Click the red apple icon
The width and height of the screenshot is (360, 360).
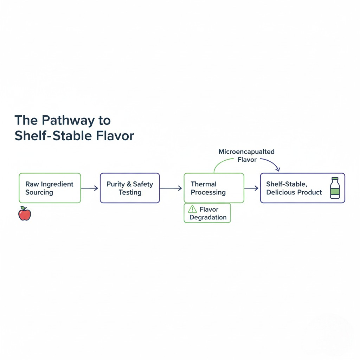(25, 214)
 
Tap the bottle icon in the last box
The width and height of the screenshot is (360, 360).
(335, 188)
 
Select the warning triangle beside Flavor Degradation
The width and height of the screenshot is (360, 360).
(192, 210)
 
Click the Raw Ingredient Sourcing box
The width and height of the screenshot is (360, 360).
(50, 188)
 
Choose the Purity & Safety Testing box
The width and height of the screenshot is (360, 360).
(130, 188)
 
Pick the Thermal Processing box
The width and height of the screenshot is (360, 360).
(214, 188)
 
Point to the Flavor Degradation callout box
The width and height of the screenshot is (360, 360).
(207, 213)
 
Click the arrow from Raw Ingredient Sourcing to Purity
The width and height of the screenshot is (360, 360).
(90, 188)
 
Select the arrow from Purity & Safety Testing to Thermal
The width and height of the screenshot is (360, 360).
(171, 188)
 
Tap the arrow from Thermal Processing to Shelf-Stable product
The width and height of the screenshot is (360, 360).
(252, 188)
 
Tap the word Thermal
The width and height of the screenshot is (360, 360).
(204, 184)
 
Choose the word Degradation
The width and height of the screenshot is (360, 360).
(208, 217)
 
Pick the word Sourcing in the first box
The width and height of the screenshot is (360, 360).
(39, 192)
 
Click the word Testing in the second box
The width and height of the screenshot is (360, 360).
(130, 192)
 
